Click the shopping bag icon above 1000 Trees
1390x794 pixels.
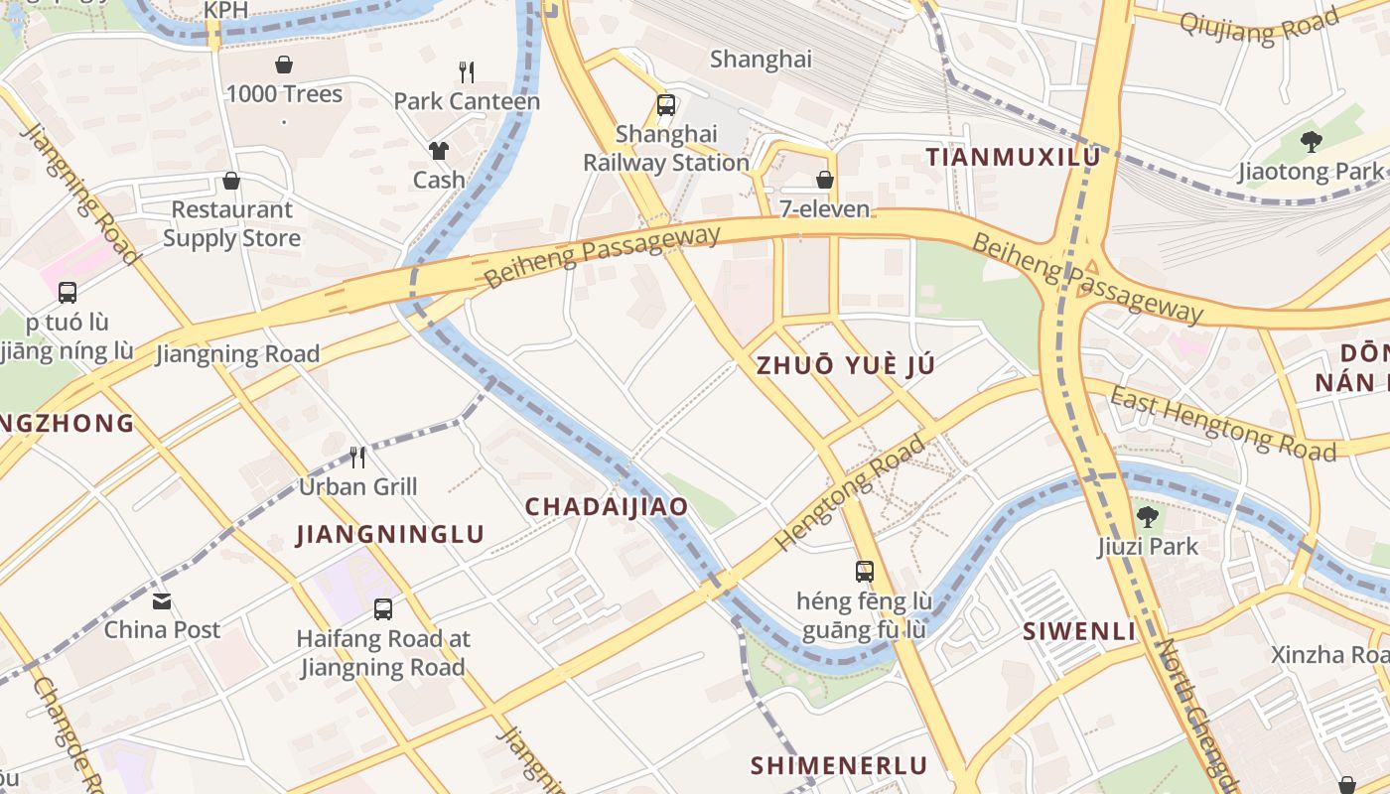tap(284, 65)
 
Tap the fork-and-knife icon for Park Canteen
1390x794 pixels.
tap(467, 71)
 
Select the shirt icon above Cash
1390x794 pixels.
tap(439, 150)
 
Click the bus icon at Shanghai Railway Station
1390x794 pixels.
tap(666, 104)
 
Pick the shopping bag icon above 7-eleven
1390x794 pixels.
tap(824, 180)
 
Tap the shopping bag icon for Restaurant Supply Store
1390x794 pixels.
tap(231, 181)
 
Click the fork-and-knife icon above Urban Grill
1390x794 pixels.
tap(357, 457)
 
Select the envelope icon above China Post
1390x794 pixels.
tap(162, 600)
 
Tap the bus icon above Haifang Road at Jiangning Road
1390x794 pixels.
tap(383, 608)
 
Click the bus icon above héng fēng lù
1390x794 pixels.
tap(865, 571)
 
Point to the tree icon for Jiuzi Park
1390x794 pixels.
tap(1148, 516)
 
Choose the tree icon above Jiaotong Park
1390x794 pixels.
tap(1311, 142)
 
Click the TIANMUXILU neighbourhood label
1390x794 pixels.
tap(1013, 157)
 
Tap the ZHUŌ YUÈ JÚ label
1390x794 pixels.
tap(845, 364)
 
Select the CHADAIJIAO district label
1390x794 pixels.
tap(606, 506)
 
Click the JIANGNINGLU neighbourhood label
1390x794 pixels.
tap(390, 534)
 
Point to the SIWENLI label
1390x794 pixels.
tap(1079, 630)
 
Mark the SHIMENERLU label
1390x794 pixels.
tap(839, 765)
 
